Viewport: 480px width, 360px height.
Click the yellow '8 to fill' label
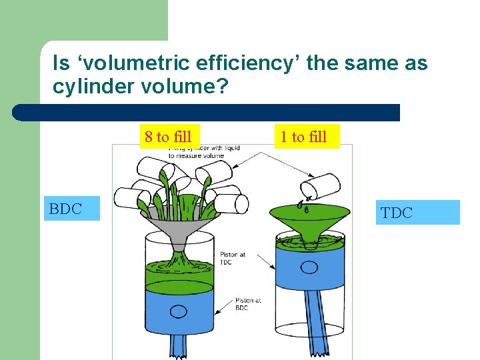[168, 137]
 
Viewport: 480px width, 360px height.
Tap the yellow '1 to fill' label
[304, 137]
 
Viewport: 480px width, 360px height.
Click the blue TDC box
[417, 213]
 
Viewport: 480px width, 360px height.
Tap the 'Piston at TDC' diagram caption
[233, 258]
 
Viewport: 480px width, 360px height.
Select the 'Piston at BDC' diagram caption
[248, 303]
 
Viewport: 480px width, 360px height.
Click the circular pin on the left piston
[179, 311]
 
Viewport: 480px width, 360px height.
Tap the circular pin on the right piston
[309, 267]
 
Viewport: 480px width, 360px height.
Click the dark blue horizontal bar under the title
[207, 112]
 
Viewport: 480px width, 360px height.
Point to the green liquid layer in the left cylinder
[178, 273]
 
